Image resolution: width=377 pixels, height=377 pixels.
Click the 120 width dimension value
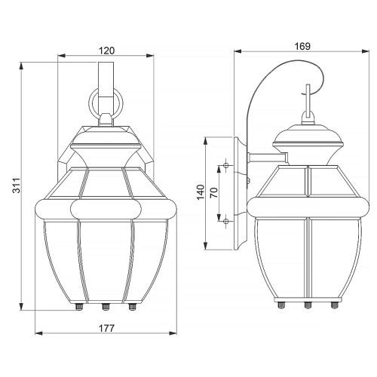(x=106, y=51)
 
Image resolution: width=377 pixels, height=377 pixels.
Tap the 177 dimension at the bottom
(x=106, y=328)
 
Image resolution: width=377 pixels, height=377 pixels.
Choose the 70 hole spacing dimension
(x=216, y=192)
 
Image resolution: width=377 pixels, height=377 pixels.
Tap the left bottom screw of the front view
(x=78, y=308)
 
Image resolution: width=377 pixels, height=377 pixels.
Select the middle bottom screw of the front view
(x=106, y=308)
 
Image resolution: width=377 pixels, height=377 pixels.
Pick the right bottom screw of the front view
(x=133, y=308)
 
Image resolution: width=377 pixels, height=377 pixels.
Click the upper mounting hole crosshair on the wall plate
(x=226, y=165)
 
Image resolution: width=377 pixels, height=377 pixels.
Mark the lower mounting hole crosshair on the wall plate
(x=226, y=219)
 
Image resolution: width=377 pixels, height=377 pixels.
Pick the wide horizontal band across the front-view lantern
(x=106, y=209)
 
